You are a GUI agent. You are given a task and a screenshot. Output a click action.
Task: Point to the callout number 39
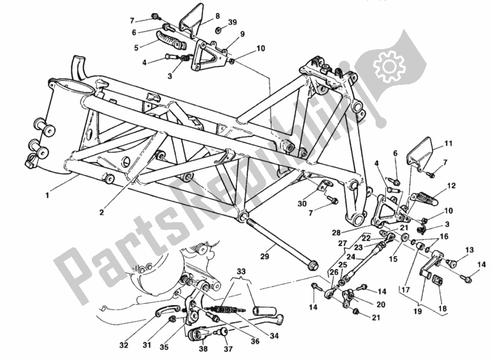pos(232,22)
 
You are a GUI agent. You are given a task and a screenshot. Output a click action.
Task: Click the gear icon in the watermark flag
pos(389,63)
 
